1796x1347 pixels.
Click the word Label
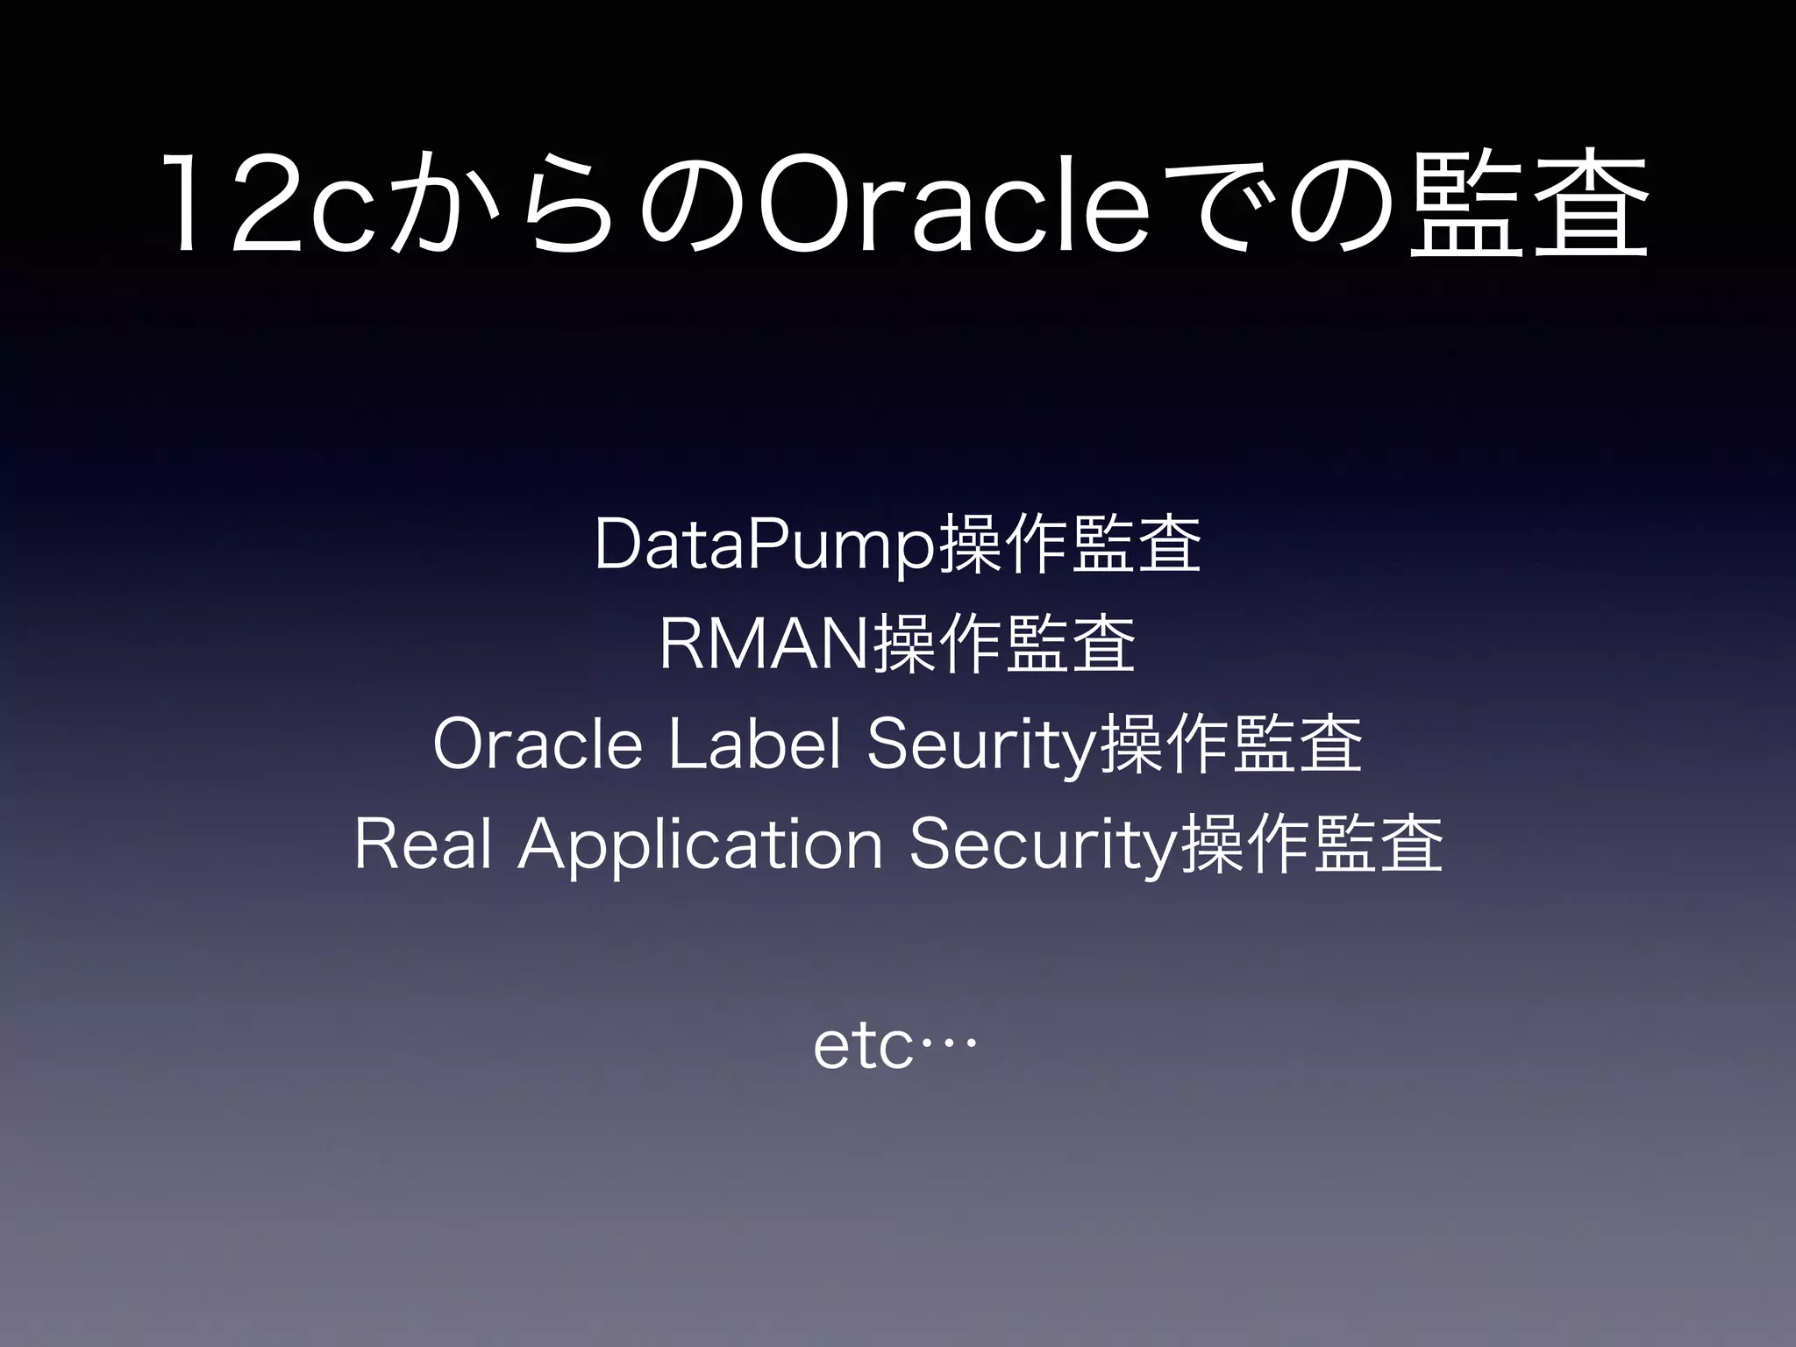point(754,745)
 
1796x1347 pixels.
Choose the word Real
point(423,845)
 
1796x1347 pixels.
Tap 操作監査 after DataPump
point(1069,545)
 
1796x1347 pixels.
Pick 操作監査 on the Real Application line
point(1311,845)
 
